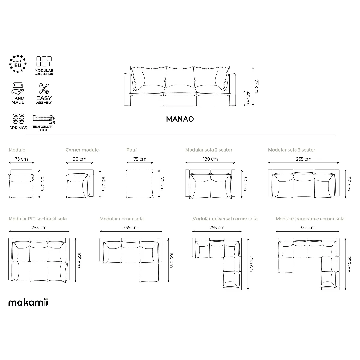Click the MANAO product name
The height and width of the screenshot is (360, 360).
pos(180,119)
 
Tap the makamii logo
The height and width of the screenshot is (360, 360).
pos(28,302)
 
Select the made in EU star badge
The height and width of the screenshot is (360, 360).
pos(18,64)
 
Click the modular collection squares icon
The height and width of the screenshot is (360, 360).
pos(44,61)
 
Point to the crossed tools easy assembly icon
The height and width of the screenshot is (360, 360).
pos(44,88)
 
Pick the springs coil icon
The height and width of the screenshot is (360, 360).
pos(18,118)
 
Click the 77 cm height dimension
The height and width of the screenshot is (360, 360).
pos(257,86)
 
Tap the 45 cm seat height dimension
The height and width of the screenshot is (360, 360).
pos(248,98)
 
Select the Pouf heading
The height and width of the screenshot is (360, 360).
pos(131,150)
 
